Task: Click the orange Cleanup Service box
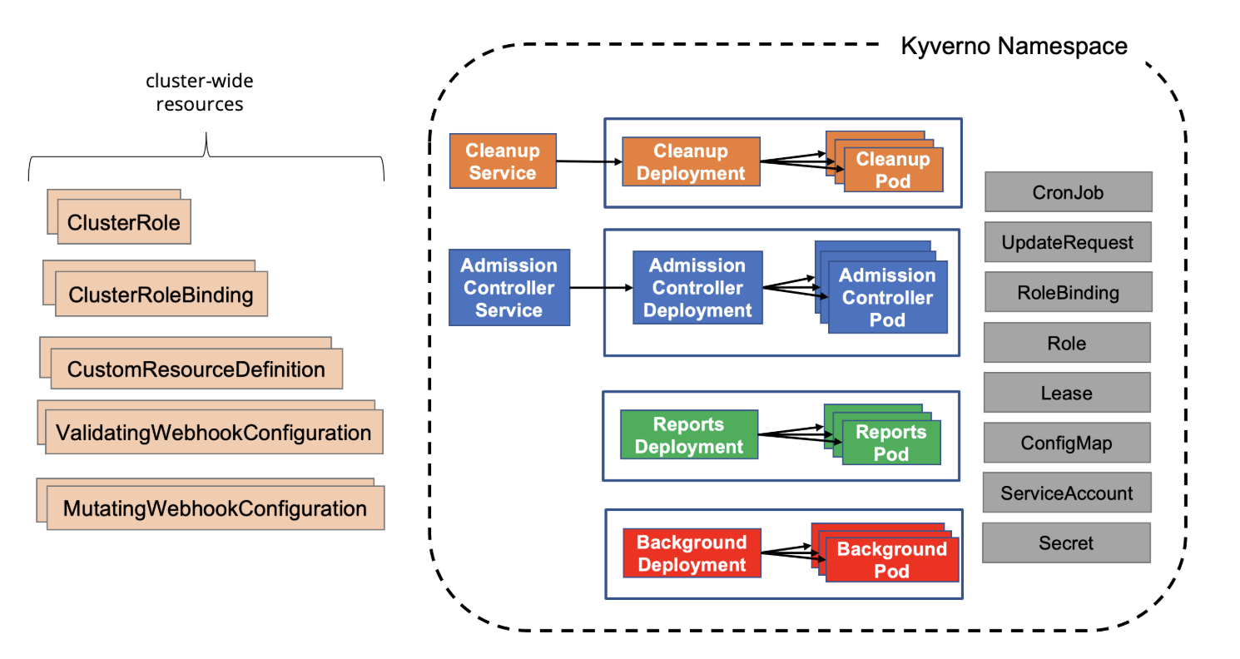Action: coord(501,162)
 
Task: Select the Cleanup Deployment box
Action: coord(690,162)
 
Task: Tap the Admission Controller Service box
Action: coord(508,288)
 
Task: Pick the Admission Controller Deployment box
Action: coord(697,288)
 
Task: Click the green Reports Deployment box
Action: coord(689,435)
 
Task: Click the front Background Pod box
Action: coord(891,560)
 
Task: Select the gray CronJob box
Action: coord(1068,192)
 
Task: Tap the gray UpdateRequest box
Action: coord(1068,243)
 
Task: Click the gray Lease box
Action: coord(1067,393)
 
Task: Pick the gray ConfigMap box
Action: coord(1067,443)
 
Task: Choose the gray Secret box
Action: coord(1066,543)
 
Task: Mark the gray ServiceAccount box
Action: coord(1067,493)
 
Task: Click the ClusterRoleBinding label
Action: coord(161,295)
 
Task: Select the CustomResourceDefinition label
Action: coord(196,369)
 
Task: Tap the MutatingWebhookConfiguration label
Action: coord(216,508)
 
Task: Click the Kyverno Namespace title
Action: coord(1014,46)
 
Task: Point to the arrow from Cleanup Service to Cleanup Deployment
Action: coord(588,162)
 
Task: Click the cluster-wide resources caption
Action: coord(200,93)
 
